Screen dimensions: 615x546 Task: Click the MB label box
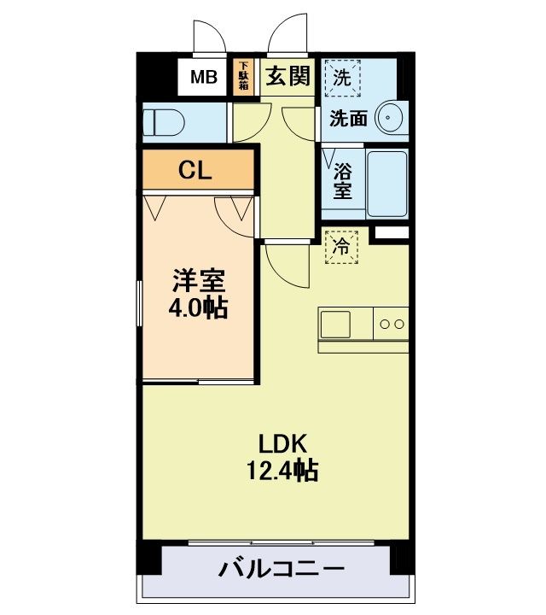203,78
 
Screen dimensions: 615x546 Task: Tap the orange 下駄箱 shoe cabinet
243,77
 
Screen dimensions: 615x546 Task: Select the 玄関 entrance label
287,77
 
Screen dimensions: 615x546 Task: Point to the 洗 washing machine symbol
341,78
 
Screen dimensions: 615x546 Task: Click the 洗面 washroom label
349,119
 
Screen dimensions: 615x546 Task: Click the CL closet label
195,170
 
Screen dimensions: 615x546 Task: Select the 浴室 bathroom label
342,180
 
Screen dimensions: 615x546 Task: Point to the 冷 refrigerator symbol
341,248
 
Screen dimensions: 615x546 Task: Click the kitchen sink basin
335,325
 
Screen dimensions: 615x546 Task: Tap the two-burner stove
392,325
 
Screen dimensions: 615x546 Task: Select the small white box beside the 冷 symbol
392,232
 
